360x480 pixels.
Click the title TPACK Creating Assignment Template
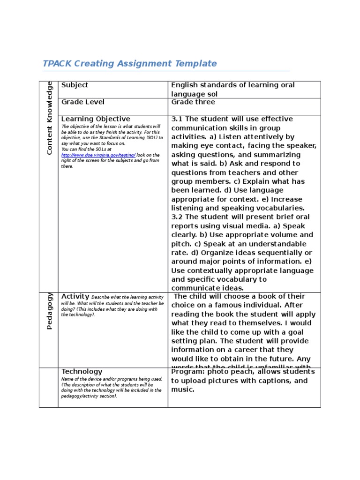tap(129, 63)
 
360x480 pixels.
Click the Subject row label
tap(75, 85)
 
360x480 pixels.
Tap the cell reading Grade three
tap(193, 102)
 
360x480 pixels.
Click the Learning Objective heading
tap(96, 119)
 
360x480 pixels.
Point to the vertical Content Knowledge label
tap(50, 118)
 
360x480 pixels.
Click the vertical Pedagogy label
tap(50, 311)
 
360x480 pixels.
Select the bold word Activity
tap(75, 296)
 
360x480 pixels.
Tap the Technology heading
tap(82, 371)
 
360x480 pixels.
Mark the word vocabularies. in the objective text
tap(281, 208)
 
